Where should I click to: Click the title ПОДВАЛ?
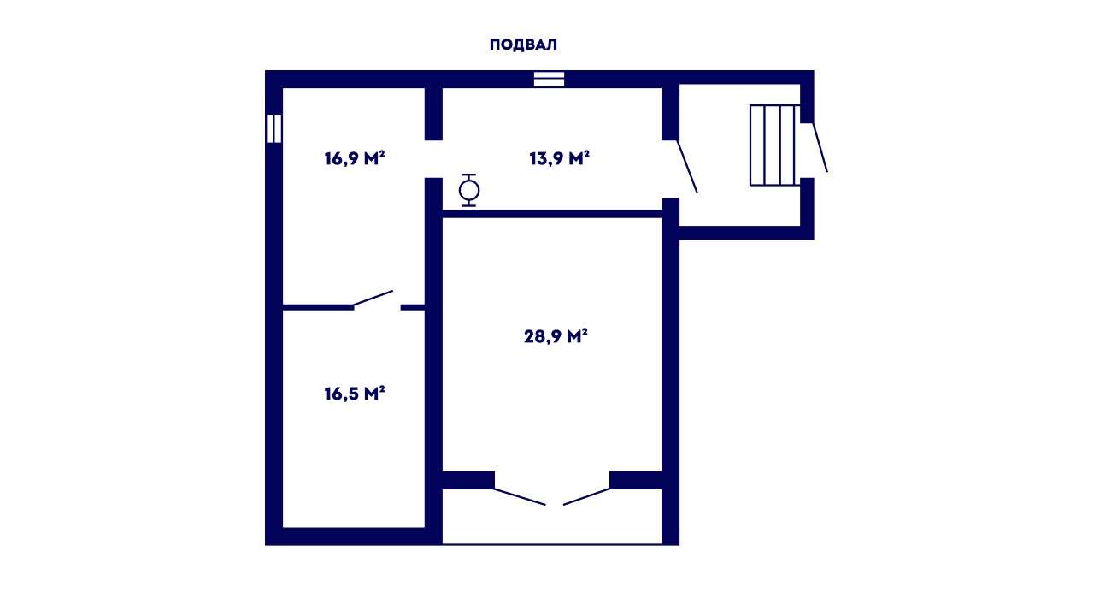click(x=523, y=44)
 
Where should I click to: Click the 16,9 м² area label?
click(x=355, y=158)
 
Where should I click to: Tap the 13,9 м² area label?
click(x=559, y=158)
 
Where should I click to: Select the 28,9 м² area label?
click(x=556, y=336)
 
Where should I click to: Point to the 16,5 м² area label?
click(x=355, y=394)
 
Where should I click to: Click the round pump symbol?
click(x=469, y=190)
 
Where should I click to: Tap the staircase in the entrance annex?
click(x=774, y=145)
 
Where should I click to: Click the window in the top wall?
click(x=549, y=80)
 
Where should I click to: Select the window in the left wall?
click(x=274, y=128)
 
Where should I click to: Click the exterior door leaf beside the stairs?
click(x=820, y=147)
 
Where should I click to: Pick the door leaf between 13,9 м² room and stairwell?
click(x=687, y=166)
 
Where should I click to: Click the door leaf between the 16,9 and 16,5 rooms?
click(x=373, y=299)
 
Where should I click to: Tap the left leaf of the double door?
click(x=520, y=496)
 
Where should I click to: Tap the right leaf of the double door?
click(x=586, y=496)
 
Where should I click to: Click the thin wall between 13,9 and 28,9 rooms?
click(x=552, y=214)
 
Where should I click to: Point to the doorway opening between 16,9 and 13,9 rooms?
click(x=433, y=159)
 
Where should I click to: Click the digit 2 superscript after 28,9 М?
click(x=585, y=331)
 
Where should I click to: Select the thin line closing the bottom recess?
click(x=552, y=543)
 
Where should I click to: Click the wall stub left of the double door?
click(x=468, y=480)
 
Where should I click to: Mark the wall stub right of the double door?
click(x=635, y=480)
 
